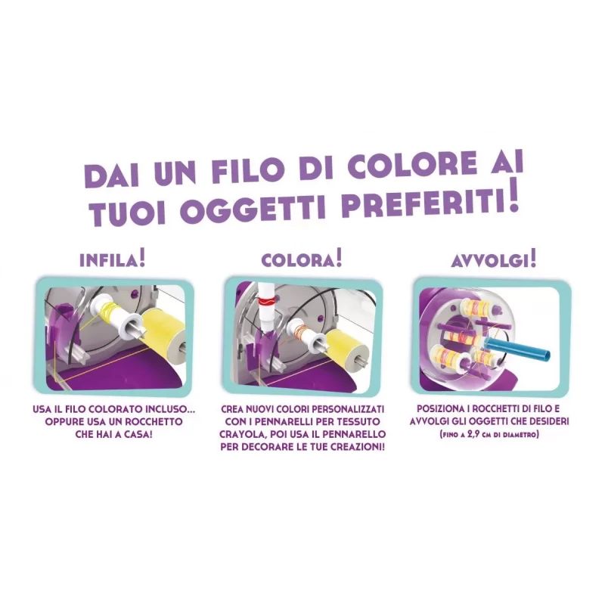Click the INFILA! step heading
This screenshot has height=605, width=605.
[112, 259]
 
